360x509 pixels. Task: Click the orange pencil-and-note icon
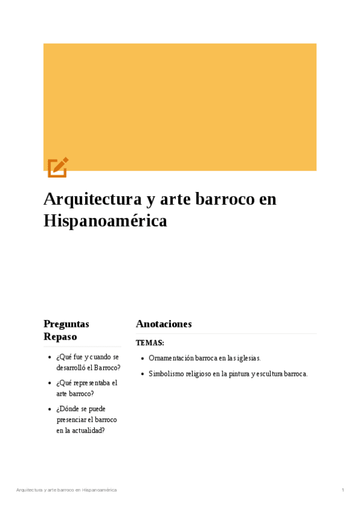pyautogui.click(x=58, y=167)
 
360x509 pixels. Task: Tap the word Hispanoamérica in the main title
pyautogui.click(x=105, y=221)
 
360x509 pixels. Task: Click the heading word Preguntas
pyautogui.click(x=67, y=324)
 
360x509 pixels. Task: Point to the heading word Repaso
pyautogui.click(x=60, y=337)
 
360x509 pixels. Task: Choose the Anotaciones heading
pyautogui.click(x=164, y=324)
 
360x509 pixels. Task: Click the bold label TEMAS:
pyautogui.click(x=150, y=343)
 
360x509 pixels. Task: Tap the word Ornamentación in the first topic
pyautogui.click(x=172, y=358)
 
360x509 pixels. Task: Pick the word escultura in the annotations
pyautogui.click(x=268, y=374)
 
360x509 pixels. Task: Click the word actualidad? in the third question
pyautogui.click(x=89, y=430)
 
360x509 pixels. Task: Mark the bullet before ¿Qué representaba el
pyautogui.click(x=49, y=383)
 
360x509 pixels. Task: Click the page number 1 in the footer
pyautogui.click(x=343, y=490)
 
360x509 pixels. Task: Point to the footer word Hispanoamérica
pyautogui.click(x=100, y=490)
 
